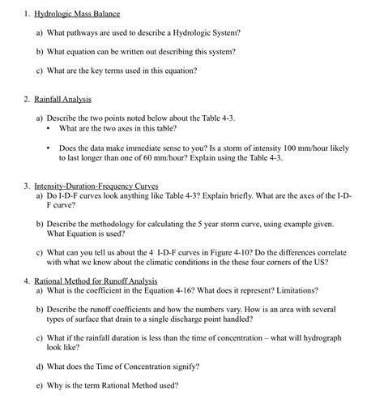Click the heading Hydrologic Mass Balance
76,13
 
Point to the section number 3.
27,186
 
